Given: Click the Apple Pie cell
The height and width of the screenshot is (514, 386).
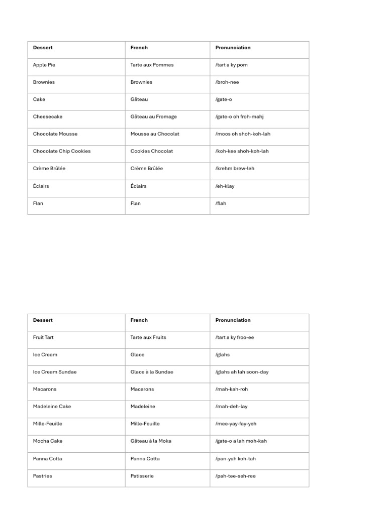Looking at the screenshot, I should point(44,65).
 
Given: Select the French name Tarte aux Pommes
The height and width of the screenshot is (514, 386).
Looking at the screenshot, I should point(152,65).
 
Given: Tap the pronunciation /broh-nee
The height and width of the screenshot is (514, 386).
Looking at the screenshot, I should point(227,82).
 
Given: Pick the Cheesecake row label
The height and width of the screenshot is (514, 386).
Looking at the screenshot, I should point(48,116).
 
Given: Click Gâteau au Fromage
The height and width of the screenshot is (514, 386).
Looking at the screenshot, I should point(153,116).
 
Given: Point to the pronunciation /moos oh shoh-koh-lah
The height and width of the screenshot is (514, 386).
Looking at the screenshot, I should point(243,134).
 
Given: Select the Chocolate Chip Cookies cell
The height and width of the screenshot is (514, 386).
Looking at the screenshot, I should point(62,151).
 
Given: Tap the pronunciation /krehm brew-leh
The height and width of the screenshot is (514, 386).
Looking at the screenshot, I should point(235,169).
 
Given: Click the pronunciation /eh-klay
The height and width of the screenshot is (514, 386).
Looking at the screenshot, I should point(225,186).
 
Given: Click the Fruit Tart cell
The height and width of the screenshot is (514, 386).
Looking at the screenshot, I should point(43,337).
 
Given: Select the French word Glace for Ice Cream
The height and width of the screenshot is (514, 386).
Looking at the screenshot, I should point(137,354).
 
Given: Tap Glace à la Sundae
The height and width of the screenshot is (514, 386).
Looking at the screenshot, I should point(152,372).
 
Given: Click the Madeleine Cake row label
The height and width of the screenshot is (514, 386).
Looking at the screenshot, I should point(52,407).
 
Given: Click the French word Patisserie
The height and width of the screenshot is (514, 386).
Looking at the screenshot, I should point(142,476).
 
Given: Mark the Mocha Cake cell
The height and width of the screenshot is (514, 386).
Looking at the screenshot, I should point(48,441).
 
